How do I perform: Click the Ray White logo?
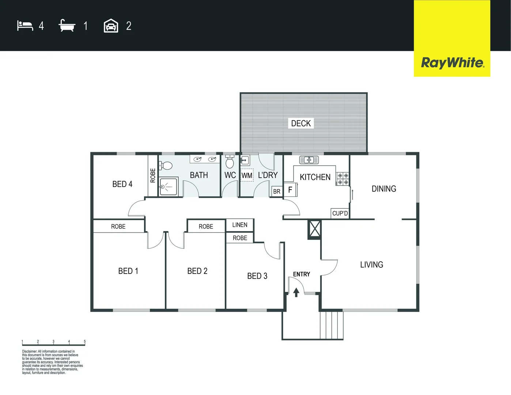click(x=452, y=63)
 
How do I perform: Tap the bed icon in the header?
click(x=25, y=26)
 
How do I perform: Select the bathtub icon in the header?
click(x=67, y=26)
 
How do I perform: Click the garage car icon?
click(x=111, y=26)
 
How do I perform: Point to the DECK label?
click(x=301, y=124)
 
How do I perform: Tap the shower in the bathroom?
click(x=168, y=187)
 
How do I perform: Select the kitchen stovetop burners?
click(x=343, y=179)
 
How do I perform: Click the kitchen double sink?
click(x=309, y=160)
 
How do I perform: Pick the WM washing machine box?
click(x=247, y=176)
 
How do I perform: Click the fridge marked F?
click(x=290, y=190)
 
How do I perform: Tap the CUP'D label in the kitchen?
click(x=340, y=213)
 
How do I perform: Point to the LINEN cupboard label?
click(x=240, y=225)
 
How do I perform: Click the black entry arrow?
click(x=296, y=292)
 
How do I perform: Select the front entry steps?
click(x=331, y=325)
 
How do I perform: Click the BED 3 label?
click(x=257, y=276)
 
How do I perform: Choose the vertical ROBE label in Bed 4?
click(x=153, y=176)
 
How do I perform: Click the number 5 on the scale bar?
click(x=85, y=342)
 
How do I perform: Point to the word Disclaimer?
click(x=29, y=351)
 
